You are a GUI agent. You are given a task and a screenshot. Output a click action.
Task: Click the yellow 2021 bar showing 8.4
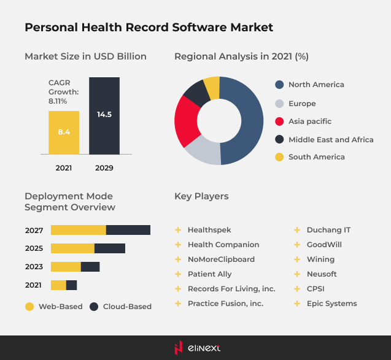(64, 132)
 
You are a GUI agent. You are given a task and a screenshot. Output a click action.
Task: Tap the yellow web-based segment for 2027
(78, 230)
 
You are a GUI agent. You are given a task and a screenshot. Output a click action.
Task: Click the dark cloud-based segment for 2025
(110, 248)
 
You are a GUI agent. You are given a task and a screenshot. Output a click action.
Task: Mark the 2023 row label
(34, 267)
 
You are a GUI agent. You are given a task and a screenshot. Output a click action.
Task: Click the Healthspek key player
(209, 230)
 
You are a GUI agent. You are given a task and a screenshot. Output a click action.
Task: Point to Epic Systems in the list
(331, 304)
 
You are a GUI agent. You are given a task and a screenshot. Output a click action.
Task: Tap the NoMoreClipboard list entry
(221, 259)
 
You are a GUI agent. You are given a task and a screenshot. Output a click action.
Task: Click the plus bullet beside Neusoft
(297, 274)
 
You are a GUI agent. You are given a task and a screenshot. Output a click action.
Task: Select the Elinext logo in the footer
(195, 348)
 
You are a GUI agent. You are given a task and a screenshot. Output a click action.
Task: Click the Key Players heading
(201, 196)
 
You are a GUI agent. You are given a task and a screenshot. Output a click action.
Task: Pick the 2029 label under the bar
(104, 167)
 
